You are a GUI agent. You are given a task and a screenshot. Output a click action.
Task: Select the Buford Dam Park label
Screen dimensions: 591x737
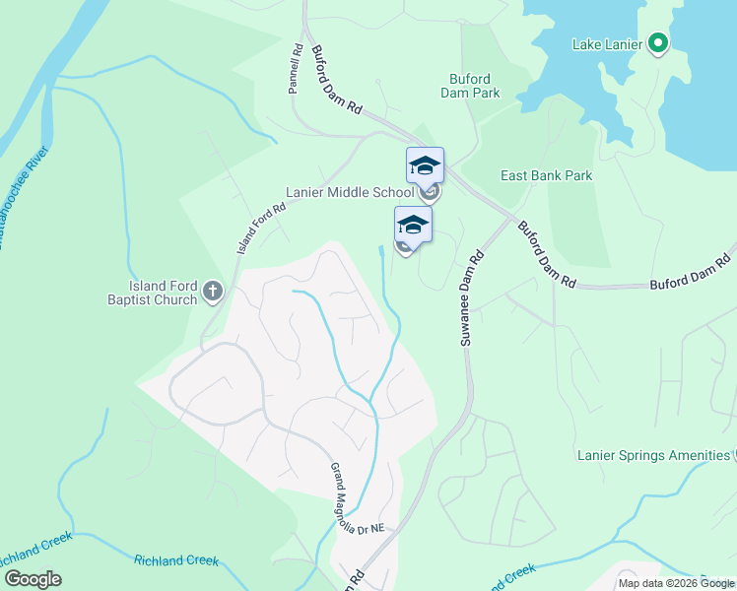[475, 86]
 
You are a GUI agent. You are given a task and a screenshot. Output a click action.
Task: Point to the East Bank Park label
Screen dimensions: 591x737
[546, 175]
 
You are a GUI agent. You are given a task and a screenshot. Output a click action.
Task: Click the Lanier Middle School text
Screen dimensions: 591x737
[350, 192]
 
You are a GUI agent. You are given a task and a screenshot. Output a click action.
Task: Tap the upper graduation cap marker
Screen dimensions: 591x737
[425, 164]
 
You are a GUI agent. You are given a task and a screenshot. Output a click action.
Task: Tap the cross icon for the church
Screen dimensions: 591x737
[213, 291]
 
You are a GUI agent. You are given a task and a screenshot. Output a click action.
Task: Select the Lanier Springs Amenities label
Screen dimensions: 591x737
[652, 455]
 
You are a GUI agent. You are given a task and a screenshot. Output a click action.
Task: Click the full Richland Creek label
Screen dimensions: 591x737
[175, 559]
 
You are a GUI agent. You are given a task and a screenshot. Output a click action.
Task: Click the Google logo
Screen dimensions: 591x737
[33, 579]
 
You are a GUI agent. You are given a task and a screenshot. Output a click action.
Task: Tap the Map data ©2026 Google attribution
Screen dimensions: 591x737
[676, 583]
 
